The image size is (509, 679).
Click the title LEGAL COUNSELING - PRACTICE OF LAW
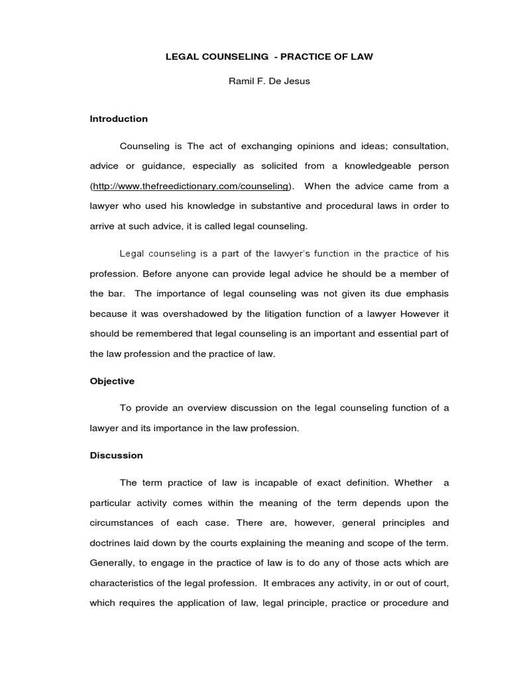[x=269, y=57]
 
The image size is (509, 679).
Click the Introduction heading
[x=119, y=119]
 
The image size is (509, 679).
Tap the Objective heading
[x=112, y=381]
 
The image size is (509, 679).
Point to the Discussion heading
[x=116, y=456]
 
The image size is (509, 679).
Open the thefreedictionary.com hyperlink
[x=191, y=186]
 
